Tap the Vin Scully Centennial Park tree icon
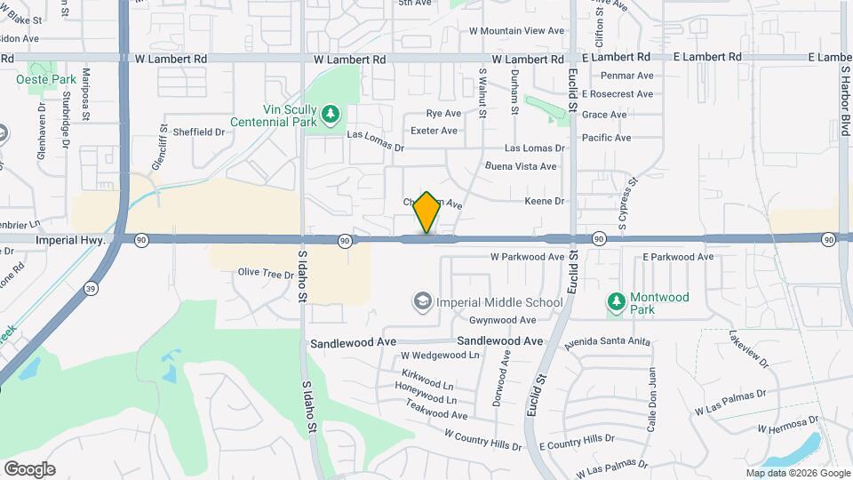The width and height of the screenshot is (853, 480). [x=331, y=114]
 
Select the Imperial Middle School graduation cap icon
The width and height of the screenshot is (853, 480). [x=422, y=302]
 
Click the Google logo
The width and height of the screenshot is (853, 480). [x=29, y=468]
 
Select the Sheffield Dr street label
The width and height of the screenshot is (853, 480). [x=198, y=132]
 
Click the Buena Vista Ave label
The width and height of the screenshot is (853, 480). [x=521, y=166]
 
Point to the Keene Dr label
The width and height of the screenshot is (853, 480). [x=546, y=202]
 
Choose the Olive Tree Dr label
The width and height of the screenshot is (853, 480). [x=265, y=274]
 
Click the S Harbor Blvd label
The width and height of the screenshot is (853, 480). [x=844, y=85]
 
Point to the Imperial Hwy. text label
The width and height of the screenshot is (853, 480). [x=71, y=240]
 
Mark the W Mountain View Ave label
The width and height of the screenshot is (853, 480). [x=517, y=30]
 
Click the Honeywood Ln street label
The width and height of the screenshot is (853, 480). [x=425, y=400]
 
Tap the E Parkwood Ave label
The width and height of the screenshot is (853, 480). [x=678, y=257]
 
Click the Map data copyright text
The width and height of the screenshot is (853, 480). [x=797, y=473]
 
